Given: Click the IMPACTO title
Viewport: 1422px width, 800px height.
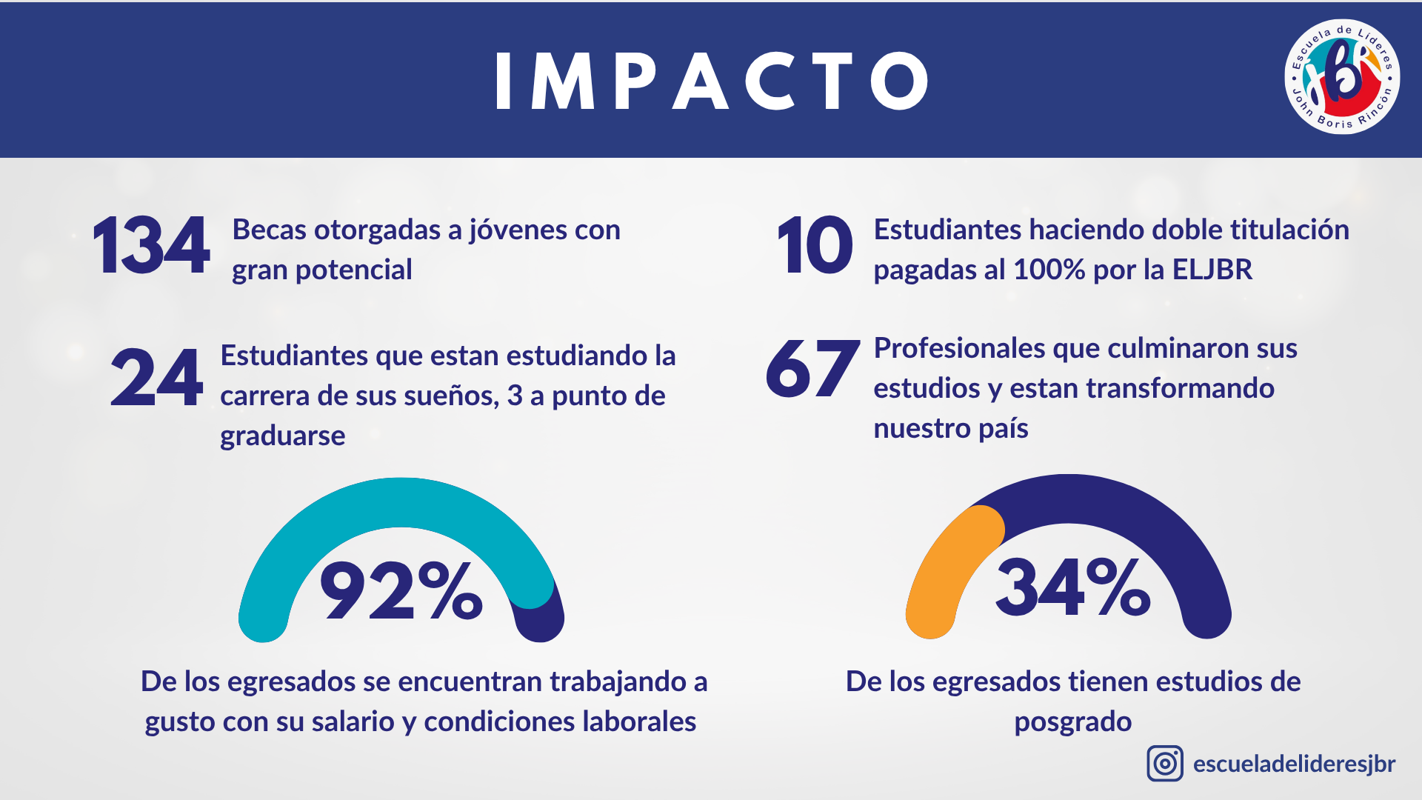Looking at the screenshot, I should point(711,81).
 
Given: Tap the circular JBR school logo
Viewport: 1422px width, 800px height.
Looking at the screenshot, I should point(1341,77).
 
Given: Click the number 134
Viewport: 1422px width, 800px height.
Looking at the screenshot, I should point(151,246).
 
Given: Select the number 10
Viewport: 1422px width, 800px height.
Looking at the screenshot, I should point(815,246).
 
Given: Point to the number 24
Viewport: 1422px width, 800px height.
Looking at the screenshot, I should point(156,378).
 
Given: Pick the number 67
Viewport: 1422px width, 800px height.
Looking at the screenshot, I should point(812,369).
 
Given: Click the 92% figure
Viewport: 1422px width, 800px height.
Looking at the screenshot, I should point(401,590).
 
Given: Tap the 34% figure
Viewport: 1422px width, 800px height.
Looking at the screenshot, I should point(1072,587).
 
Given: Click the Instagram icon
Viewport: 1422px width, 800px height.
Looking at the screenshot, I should point(1165,764).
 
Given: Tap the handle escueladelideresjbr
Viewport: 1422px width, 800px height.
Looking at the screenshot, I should point(1294,764).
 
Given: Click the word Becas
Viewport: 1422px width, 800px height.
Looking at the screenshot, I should point(270,230).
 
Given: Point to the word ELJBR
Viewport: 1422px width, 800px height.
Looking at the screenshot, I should point(1212,270).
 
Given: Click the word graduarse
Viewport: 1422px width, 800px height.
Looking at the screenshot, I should point(282,436).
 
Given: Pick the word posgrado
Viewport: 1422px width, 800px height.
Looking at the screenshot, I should point(1072,722).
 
